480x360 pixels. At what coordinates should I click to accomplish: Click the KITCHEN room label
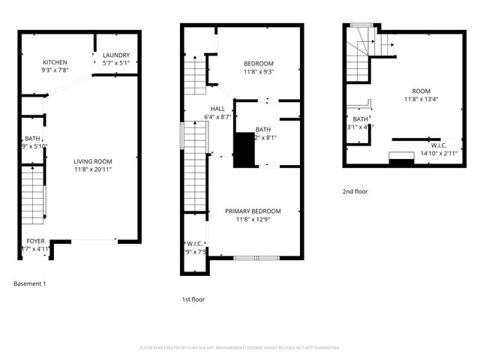(x=55, y=62)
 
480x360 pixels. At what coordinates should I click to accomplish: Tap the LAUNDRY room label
(x=116, y=55)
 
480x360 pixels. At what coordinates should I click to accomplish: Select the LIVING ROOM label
(x=92, y=161)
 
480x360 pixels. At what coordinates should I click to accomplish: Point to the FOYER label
(x=34, y=241)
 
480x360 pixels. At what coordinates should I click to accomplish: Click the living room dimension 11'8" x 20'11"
(x=92, y=169)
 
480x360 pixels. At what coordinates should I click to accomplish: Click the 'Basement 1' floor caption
(x=30, y=283)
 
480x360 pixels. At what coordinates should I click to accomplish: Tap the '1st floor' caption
(x=193, y=299)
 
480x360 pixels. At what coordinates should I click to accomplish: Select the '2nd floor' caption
(x=355, y=191)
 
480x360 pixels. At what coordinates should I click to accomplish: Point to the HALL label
(x=217, y=108)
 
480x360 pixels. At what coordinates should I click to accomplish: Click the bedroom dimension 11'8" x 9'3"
(x=259, y=71)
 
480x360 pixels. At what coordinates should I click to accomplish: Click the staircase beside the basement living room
(x=33, y=195)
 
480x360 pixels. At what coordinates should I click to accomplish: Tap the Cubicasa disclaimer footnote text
(x=240, y=348)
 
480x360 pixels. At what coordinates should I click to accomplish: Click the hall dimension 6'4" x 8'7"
(x=217, y=116)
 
